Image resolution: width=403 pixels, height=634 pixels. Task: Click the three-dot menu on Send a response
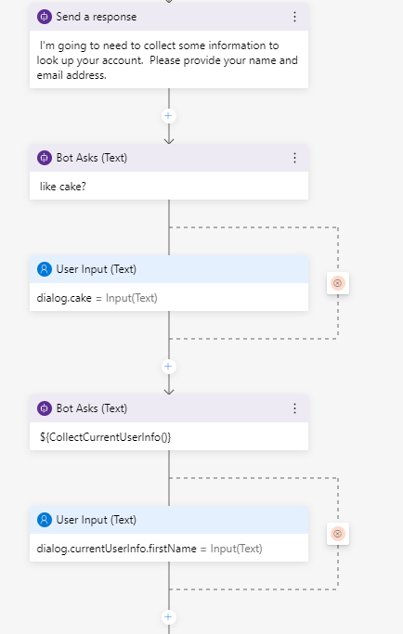[294, 17]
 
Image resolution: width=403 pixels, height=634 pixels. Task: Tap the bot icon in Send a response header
[44, 17]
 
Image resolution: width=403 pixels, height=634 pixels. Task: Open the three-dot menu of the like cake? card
[294, 158]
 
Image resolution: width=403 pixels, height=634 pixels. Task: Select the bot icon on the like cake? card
[44, 158]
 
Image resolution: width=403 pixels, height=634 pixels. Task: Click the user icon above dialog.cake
[44, 269]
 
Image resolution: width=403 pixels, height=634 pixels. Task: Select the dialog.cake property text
[63, 297]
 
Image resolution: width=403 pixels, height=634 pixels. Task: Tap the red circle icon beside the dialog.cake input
[337, 283]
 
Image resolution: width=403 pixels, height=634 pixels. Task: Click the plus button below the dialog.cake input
[168, 366]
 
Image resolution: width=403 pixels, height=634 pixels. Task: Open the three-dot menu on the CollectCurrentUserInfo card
[294, 408]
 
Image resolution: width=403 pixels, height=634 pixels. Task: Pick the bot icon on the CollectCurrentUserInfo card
[44, 408]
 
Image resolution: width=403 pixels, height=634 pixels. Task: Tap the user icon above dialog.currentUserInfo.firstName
[44, 520]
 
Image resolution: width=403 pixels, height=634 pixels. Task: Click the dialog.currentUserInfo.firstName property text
[117, 548]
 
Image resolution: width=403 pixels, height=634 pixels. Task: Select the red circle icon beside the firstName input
[337, 534]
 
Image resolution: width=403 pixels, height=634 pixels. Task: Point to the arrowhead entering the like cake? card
[168, 140]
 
